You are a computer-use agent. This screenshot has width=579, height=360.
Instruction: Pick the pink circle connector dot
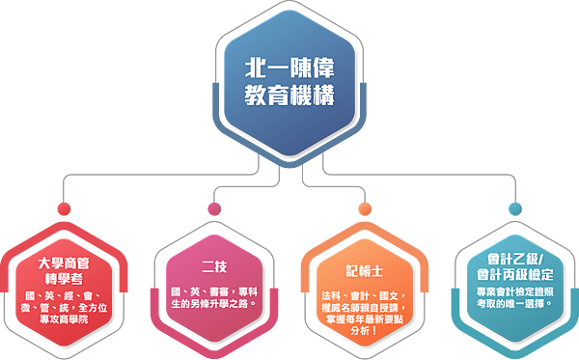click(213, 208)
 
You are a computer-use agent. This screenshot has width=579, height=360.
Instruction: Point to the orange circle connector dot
click(364, 208)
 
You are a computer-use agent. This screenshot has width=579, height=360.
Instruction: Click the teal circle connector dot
click(514, 208)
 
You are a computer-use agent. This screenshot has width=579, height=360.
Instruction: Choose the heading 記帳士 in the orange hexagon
click(365, 270)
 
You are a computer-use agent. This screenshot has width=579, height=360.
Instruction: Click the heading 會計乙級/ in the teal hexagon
click(514, 260)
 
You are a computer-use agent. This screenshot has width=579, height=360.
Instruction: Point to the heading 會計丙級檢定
click(514, 274)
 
